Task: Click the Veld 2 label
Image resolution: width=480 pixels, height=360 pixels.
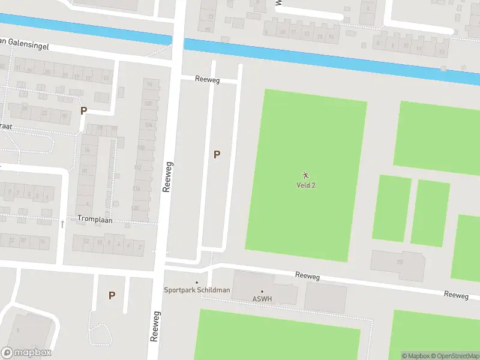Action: pos(306,185)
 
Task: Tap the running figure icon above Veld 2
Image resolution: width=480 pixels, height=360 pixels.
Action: pos(306,175)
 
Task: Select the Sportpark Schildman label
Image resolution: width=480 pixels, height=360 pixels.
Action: pos(197,290)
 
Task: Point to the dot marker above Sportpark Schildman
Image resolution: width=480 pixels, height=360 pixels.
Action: pos(197,283)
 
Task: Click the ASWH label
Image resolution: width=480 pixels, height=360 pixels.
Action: pos(262,299)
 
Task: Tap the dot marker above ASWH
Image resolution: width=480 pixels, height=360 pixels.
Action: pos(262,292)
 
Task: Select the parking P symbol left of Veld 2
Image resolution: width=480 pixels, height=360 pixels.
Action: pos(217,155)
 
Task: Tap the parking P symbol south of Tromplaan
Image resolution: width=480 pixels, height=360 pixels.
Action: pos(112,295)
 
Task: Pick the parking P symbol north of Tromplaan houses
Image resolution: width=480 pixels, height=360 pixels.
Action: pos(83,110)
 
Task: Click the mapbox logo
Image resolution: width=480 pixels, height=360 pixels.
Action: pos(26,353)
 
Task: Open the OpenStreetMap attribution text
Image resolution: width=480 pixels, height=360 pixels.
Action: pos(455,356)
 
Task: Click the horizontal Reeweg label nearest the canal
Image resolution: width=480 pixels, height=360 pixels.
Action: pos(208,79)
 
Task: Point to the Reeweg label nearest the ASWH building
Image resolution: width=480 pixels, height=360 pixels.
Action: pos(307,275)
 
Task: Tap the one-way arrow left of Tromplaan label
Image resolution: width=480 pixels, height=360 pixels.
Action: pos(62,224)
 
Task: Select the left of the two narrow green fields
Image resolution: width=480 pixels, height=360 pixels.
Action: pos(391,209)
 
